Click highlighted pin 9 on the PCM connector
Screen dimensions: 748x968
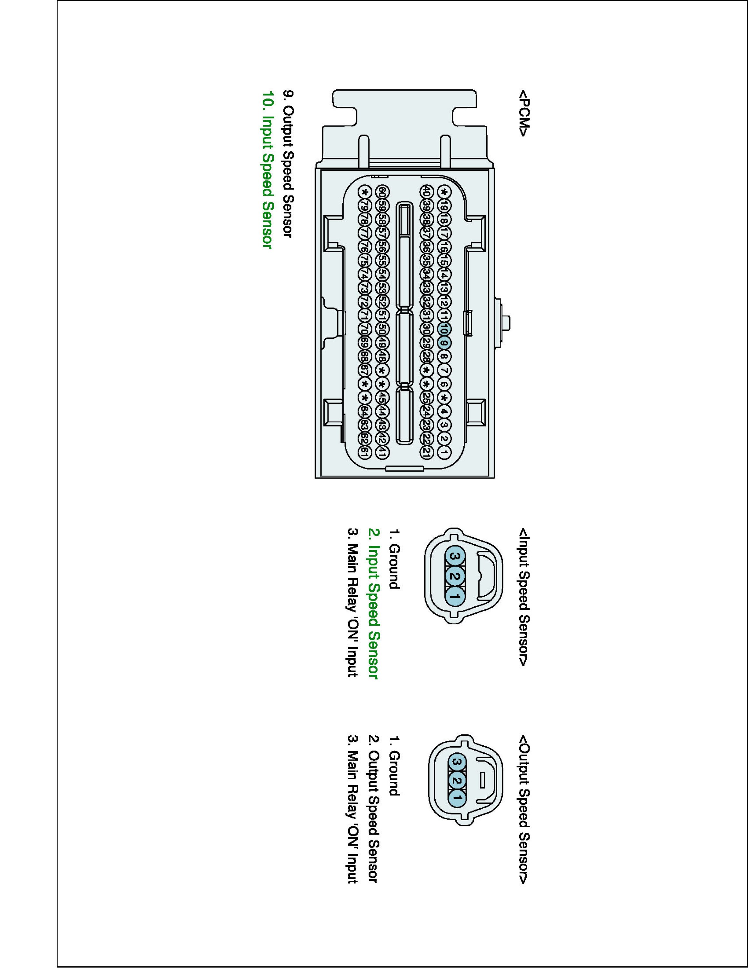tap(444, 343)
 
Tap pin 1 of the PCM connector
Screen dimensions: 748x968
tap(444, 452)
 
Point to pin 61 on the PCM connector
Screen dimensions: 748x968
tap(365, 452)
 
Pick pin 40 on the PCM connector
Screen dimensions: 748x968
tap(426, 192)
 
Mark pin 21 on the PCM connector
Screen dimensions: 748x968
tap(426, 452)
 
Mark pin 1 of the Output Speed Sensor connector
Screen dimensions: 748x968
tap(457, 800)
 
